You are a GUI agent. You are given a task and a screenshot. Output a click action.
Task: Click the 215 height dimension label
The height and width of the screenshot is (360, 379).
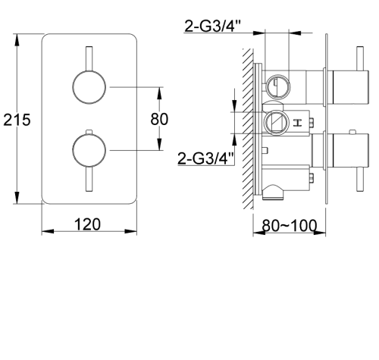click(x=17, y=120)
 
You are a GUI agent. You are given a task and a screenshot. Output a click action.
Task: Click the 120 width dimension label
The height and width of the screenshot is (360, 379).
click(x=87, y=224)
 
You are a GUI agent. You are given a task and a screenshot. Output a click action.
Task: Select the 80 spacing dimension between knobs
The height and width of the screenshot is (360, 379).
click(x=159, y=119)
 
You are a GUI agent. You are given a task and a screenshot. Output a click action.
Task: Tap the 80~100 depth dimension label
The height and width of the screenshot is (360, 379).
click(x=289, y=225)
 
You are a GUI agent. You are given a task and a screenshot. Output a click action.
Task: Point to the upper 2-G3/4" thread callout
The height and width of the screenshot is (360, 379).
click(x=213, y=26)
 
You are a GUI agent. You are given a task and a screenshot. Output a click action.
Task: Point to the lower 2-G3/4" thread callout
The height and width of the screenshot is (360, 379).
click(x=206, y=158)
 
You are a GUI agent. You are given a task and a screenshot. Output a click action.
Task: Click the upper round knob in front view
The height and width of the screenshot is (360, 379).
click(x=89, y=87)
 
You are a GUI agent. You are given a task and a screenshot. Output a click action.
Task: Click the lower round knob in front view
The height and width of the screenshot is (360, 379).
click(x=89, y=150)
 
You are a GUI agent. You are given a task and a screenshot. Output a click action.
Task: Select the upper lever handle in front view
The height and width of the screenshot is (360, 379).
click(x=89, y=58)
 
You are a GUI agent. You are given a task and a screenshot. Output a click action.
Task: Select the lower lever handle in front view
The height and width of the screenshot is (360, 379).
click(x=89, y=179)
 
